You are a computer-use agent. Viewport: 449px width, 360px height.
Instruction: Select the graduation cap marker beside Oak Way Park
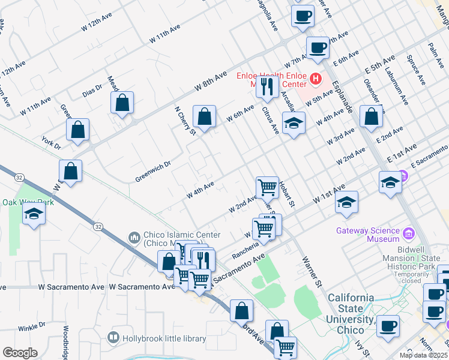pyautogui.click(x=34, y=214)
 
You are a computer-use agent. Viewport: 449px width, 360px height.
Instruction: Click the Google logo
pyautogui.click(x=19, y=353)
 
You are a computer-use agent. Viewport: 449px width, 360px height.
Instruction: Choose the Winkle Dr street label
pyautogui.click(x=31, y=327)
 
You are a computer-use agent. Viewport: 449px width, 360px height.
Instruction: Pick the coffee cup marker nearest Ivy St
pyautogui.click(x=388, y=326)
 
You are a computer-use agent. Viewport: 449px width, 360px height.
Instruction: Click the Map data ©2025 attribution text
pyautogui.click(x=423, y=355)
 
